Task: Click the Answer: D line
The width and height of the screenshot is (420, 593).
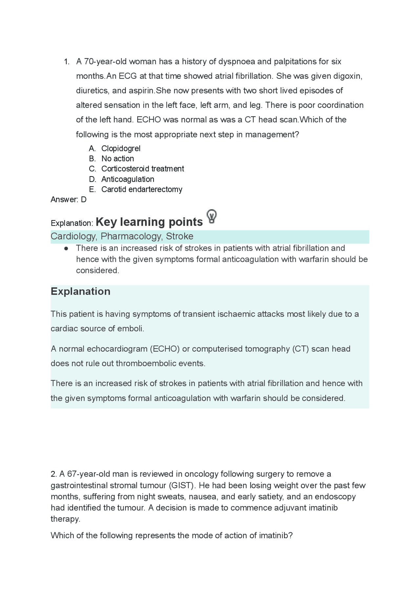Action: (69, 200)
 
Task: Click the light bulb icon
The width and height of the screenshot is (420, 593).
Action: (212, 216)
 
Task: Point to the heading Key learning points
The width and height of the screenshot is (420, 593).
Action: (149, 222)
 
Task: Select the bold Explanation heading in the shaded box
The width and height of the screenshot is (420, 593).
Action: (80, 292)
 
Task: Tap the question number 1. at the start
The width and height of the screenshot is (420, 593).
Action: (67, 62)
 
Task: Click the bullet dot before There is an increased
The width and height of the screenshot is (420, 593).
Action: (66, 249)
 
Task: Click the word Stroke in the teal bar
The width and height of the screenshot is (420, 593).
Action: (179, 236)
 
